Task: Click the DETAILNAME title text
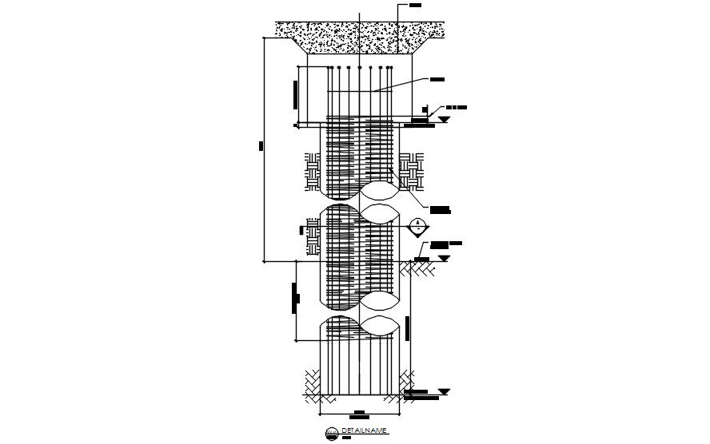pyautogui.click(x=364, y=430)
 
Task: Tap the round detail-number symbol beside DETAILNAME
pyautogui.click(x=331, y=433)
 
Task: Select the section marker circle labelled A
pyautogui.click(x=417, y=226)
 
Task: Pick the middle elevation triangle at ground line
pyautogui.click(x=444, y=259)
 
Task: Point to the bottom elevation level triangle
pyautogui.click(x=444, y=392)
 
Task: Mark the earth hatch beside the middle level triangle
pyautogui.click(x=417, y=270)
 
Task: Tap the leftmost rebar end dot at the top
pyautogui.click(x=329, y=69)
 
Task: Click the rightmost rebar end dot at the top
pyautogui.click(x=391, y=69)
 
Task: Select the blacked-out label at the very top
pyautogui.click(x=414, y=6)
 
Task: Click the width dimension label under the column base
pyautogui.click(x=361, y=415)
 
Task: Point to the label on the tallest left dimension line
pyautogui.click(x=261, y=146)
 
